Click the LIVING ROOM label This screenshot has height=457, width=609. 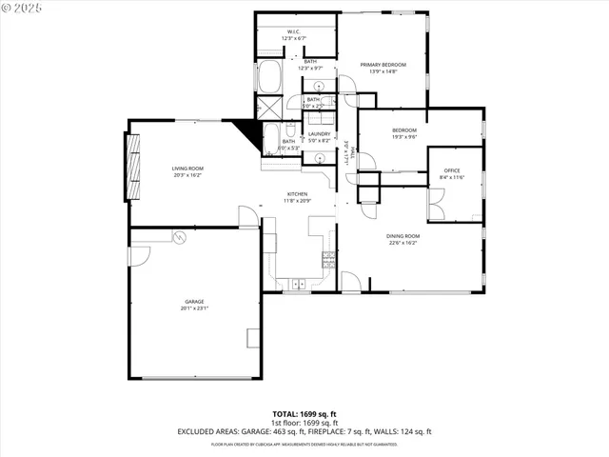187,169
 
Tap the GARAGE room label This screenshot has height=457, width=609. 195,302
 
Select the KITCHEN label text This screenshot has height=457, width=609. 298,194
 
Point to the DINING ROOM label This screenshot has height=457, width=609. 403,236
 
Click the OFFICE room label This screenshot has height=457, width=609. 452,171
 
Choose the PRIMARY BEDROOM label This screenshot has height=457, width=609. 383,64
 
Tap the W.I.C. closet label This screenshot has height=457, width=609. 294,31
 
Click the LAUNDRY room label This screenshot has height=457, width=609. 319,134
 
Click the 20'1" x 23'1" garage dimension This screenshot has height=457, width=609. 195,308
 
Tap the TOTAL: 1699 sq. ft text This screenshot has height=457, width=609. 304,415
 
